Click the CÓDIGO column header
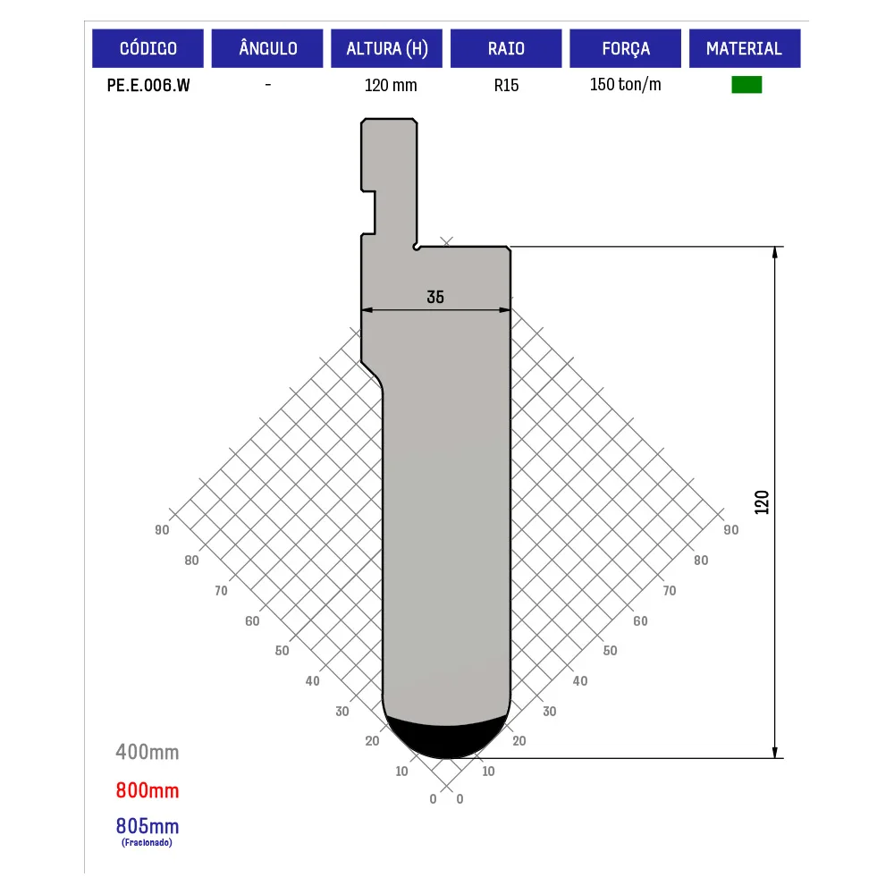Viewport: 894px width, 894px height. tap(148, 48)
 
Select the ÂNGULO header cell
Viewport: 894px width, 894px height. tap(267, 48)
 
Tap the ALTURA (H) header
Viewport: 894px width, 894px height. tap(386, 48)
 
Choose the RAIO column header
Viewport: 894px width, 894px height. tap(506, 48)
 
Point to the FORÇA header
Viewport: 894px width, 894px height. tap(626, 48)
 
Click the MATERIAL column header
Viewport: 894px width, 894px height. tap(745, 48)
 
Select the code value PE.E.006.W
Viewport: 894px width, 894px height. tap(148, 86)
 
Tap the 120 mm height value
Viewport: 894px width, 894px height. tap(391, 86)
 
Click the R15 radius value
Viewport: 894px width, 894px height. tap(506, 86)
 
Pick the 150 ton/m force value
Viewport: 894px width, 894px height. tap(626, 84)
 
